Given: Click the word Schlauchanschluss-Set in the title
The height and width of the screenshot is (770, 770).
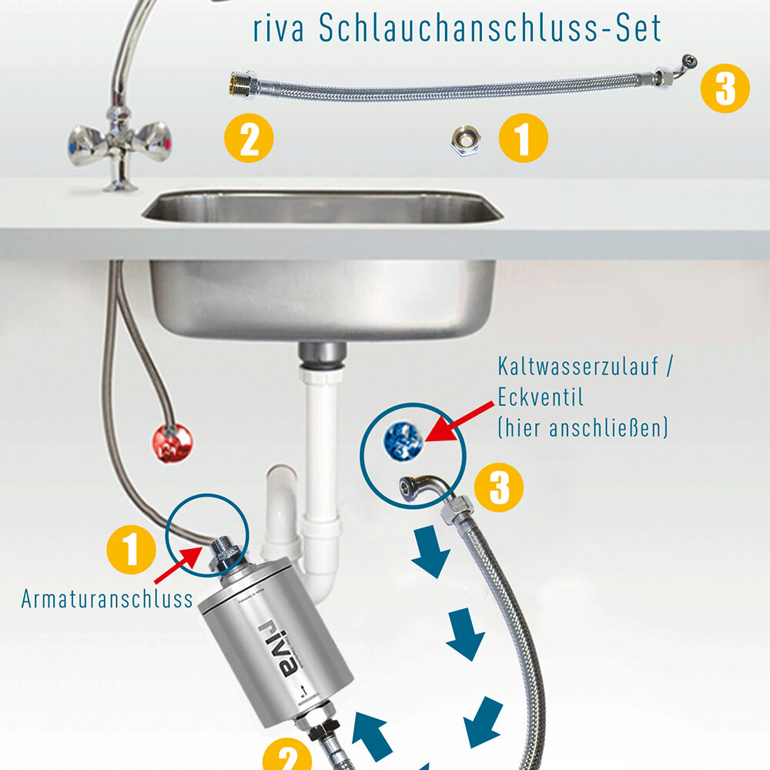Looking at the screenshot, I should coord(489,28).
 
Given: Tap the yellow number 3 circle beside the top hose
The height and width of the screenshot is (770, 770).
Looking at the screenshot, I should coord(725,89).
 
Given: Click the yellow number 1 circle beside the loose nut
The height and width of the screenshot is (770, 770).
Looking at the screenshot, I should coord(524,139).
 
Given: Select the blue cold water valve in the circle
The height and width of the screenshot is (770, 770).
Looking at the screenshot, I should coord(402,440).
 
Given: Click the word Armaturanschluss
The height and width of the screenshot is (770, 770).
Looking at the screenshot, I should coord(107,599).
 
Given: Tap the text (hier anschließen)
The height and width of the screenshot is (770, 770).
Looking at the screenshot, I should coord(583,427).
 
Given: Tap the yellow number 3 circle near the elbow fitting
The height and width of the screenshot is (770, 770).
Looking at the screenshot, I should coord(499,487).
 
